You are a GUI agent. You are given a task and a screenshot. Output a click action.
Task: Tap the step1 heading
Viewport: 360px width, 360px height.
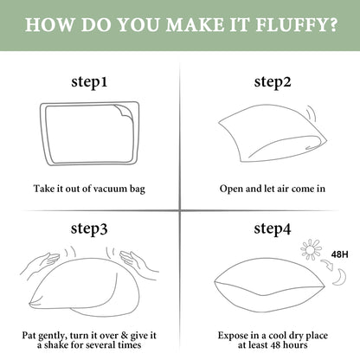[89, 81]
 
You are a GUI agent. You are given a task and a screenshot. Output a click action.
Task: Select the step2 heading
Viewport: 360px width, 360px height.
[273, 81]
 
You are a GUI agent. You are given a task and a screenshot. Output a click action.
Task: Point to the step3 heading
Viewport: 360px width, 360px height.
[89, 228]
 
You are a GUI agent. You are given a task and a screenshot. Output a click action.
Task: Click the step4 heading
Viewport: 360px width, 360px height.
[273, 228]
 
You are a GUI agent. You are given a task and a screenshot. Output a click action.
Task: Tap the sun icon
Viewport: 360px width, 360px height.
[311, 249]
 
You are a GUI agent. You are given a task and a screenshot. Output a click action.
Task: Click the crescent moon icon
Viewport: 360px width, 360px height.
[339, 277]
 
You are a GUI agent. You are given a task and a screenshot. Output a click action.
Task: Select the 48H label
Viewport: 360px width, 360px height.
[339, 254]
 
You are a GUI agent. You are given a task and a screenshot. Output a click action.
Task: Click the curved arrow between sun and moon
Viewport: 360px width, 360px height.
[327, 264]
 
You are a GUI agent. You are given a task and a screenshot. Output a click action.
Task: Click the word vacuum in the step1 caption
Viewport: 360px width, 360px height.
[110, 189]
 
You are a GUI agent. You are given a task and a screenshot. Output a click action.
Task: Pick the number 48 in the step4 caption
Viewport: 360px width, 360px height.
[274, 345]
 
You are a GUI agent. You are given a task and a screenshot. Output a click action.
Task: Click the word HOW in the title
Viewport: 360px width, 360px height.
[49, 24]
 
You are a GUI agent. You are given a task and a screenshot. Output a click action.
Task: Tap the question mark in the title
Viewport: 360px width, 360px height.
[332, 24]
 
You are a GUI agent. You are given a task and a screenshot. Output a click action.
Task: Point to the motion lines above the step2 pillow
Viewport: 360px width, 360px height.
[311, 113]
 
